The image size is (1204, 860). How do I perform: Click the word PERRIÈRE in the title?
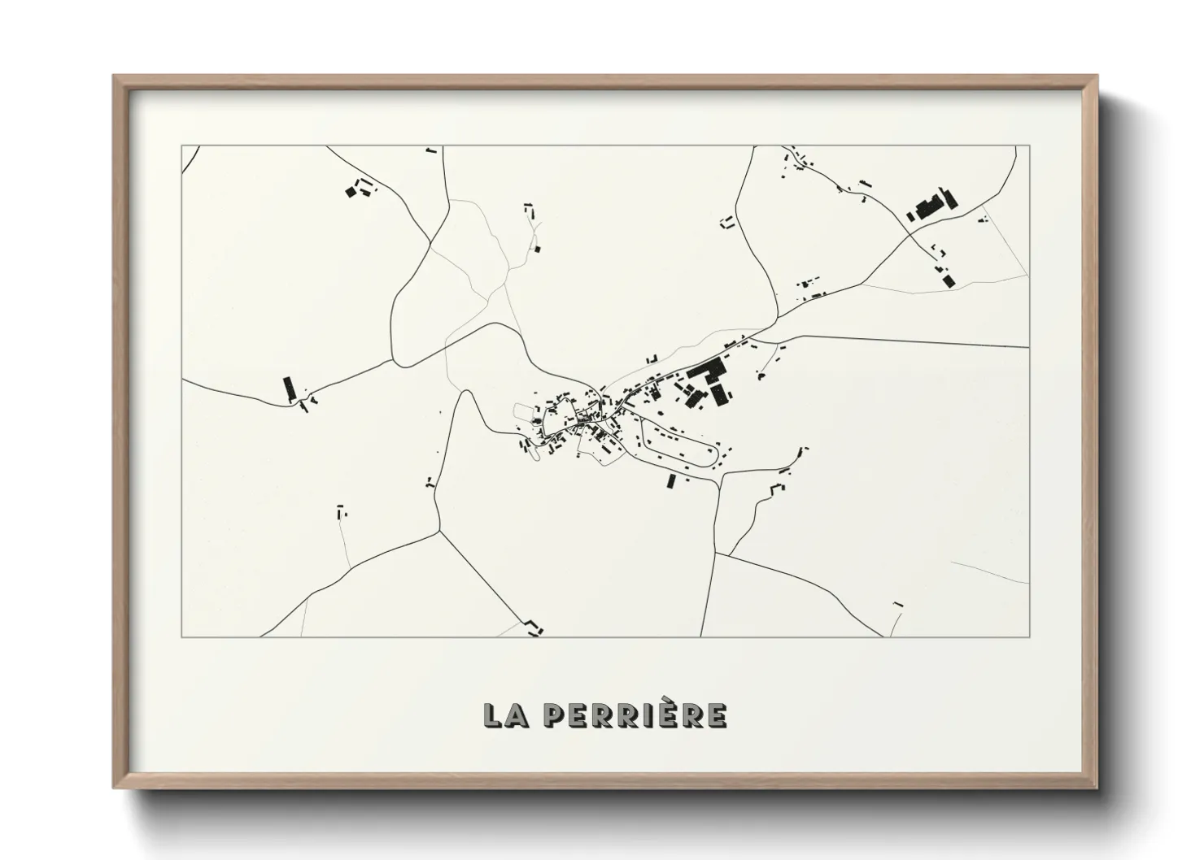[x=635, y=714]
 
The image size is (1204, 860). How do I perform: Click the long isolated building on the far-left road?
[x=287, y=388]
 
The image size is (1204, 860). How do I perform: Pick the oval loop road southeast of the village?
[x=678, y=442]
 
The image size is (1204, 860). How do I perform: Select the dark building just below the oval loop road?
[x=671, y=481]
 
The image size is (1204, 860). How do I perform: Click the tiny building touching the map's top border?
[x=432, y=150]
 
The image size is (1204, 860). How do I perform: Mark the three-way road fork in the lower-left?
[x=439, y=532]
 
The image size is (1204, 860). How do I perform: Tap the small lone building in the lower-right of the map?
[x=898, y=604]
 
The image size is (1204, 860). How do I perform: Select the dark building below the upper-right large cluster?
[x=949, y=280]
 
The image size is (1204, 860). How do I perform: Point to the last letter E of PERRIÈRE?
[x=717, y=714]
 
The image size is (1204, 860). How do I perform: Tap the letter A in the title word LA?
[x=517, y=714]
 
